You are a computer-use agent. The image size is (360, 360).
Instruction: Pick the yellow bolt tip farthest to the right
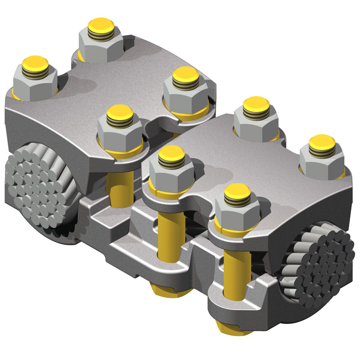[322, 141]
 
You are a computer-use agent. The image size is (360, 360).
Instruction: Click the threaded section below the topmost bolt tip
[100, 32]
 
